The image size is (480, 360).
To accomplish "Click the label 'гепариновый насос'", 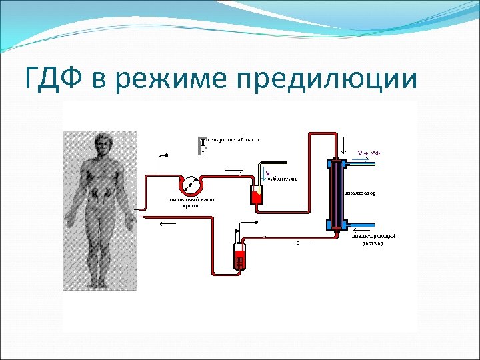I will coord(233,140).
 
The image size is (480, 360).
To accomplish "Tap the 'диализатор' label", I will coord(361,194).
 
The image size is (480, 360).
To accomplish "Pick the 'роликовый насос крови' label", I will coord(188,202).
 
